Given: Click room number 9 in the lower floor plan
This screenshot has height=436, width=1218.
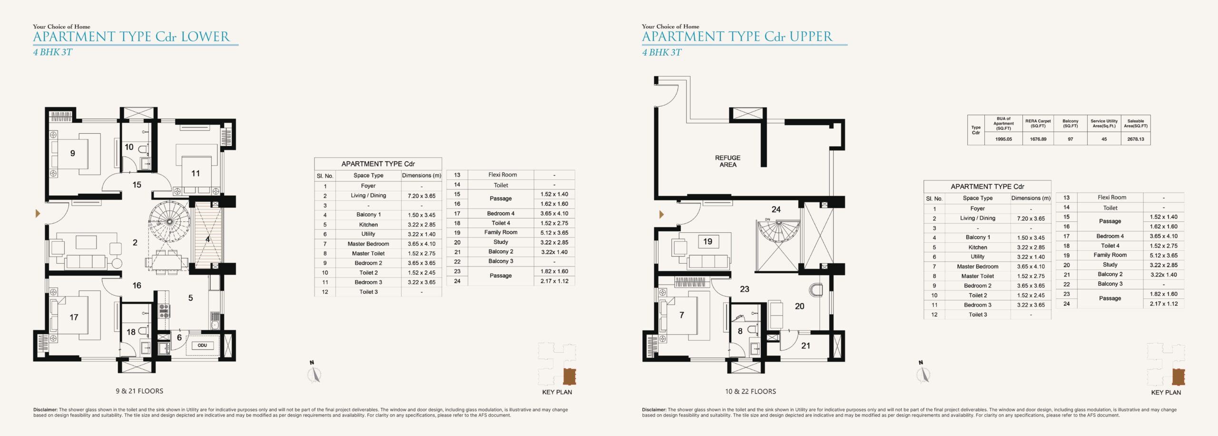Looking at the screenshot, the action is click(72, 153).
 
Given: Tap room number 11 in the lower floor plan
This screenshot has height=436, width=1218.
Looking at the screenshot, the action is click(196, 173).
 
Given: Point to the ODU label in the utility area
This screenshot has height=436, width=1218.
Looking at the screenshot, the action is click(202, 346).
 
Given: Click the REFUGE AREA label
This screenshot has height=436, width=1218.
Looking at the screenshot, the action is click(727, 161).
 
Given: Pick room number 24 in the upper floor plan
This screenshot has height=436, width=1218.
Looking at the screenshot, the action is click(776, 209).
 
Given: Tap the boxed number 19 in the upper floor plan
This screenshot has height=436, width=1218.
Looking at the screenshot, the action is click(708, 242).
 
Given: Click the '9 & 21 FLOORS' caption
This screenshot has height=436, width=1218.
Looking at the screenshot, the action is click(139, 391).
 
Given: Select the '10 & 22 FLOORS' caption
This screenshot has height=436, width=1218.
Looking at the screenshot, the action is click(750, 392).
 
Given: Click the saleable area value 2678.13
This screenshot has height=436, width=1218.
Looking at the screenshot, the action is click(1136, 139).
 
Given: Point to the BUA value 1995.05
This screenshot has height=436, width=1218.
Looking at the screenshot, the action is click(1003, 139).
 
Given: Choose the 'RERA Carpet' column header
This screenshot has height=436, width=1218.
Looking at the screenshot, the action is click(1038, 124).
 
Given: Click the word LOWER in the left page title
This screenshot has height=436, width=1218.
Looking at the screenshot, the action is click(206, 37).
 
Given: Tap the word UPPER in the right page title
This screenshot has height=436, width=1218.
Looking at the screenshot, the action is click(811, 37).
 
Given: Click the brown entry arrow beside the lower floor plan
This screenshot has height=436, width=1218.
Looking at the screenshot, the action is click(38, 214).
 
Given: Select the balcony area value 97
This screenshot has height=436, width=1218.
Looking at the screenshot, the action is click(1071, 139).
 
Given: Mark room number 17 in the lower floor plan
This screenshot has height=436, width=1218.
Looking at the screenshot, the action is click(74, 317).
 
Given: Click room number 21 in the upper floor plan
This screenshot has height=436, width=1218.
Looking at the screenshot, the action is click(805, 346).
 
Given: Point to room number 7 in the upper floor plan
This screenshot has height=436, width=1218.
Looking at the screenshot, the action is click(682, 315).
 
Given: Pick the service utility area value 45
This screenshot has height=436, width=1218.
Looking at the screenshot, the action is click(1104, 139).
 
